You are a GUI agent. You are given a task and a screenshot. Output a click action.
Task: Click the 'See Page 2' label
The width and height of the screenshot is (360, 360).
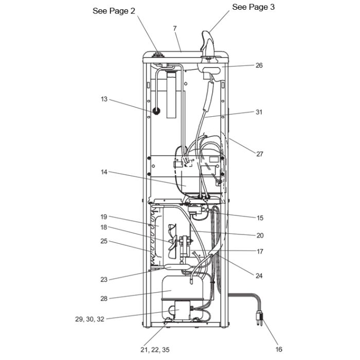(x=114, y=11)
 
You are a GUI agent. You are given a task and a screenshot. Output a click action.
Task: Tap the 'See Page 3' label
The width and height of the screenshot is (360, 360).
(x=253, y=7)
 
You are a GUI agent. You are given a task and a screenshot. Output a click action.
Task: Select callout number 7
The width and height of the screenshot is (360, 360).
(x=175, y=28)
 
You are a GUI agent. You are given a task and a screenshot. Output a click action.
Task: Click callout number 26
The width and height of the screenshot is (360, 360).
(x=259, y=65)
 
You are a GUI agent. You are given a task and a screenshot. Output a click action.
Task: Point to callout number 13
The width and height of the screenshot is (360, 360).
(x=104, y=99)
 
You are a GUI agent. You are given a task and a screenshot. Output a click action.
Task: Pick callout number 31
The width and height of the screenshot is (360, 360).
(x=259, y=112)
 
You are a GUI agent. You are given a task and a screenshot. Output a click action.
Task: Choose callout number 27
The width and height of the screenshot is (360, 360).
(x=259, y=154)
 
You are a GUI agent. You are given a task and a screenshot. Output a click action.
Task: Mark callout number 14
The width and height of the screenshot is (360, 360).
(x=104, y=172)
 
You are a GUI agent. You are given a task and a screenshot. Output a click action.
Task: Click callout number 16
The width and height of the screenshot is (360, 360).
(x=279, y=349)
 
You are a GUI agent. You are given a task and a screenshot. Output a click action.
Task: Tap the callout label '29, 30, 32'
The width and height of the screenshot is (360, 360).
(x=90, y=319)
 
